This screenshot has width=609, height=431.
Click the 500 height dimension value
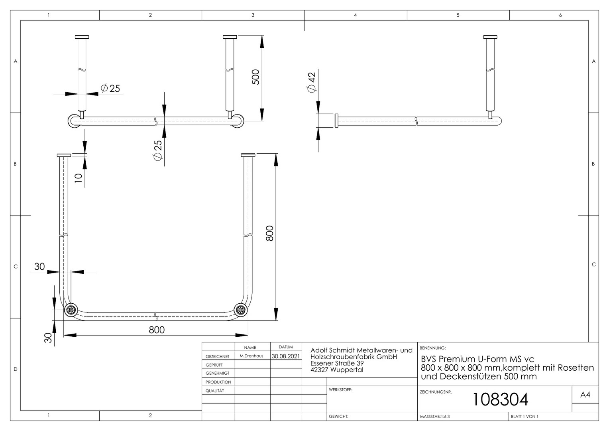click(x=256, y=77)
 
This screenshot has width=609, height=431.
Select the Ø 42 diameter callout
click(x=312, y=82)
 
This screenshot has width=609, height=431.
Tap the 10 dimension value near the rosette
click(x=78, y=178)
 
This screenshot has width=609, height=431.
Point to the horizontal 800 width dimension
click(x=157, y=330)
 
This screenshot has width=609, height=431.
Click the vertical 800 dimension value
click(x=269, y=233)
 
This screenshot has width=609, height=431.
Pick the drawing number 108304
click(x=500, y=399)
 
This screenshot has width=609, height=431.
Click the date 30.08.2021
click(x=286, y=356)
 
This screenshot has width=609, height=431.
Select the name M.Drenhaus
click(x=251, y=356)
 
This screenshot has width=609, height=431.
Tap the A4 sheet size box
click(x=585, y=395)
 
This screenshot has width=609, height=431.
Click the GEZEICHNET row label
click(x=218, y=356)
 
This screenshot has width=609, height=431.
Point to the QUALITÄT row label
click(x=215, y=391)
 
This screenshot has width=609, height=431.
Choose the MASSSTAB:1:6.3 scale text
click(x=435, y=417)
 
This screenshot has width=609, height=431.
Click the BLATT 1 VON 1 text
click(x=525, y=417)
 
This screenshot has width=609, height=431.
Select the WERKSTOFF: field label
click(x=340, y=389)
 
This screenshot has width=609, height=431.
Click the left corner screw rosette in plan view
click(x=71, y=310)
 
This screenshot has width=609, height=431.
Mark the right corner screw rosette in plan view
click(x=241, y=310)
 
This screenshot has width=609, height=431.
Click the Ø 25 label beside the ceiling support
click(x=110, y=88)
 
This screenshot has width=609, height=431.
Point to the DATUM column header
click(x=286, y=347)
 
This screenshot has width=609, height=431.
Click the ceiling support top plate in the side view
click(x=490, y=37)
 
